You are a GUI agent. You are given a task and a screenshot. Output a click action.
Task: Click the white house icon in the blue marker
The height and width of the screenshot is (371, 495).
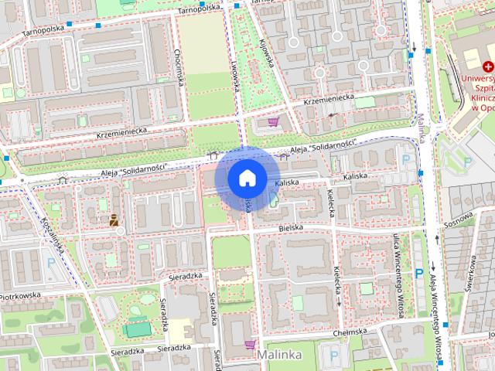[247, 178]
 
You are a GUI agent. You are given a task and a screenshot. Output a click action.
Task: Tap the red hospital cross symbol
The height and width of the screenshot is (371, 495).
[488, 68]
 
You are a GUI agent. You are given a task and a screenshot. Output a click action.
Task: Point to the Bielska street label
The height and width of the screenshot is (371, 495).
[291, 229]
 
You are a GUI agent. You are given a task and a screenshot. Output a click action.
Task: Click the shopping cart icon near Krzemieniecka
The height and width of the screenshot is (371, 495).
[272, 121]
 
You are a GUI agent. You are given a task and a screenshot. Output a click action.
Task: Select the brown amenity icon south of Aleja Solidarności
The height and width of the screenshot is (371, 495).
[114, 220]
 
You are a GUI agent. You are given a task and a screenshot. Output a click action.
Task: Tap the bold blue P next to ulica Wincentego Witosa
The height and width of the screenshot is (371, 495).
[418, 273]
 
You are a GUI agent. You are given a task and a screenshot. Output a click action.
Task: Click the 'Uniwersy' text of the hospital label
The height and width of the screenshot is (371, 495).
[477, 79]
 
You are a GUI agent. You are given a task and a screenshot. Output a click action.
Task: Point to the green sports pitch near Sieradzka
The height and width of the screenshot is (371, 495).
[137, 330]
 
